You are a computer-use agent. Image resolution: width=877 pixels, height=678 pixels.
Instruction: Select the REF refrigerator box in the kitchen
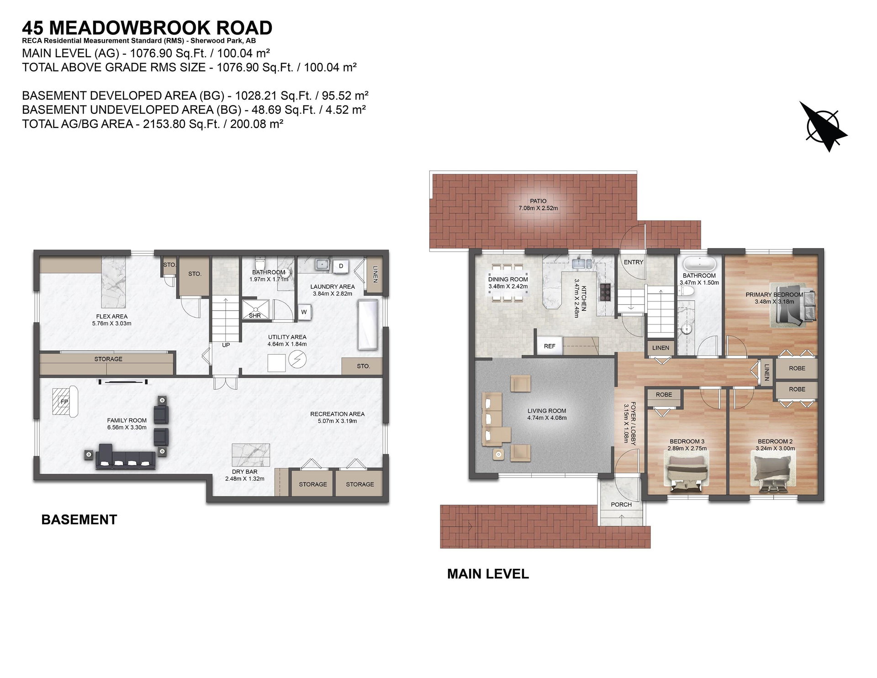tap(549, 346)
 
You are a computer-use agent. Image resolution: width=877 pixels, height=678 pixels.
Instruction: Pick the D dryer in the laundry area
tap(341, 266)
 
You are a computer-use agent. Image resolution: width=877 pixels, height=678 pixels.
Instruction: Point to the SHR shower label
tap(255, 316)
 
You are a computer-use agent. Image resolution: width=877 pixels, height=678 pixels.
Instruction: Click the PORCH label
tap(621, 504)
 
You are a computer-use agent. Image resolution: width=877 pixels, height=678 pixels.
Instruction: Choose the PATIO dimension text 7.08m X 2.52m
tap(538, 208)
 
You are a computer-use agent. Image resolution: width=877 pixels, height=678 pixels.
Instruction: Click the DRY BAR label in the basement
tap(245, 471)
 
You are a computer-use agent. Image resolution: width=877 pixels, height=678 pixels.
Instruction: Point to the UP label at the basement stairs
tap(226, 345)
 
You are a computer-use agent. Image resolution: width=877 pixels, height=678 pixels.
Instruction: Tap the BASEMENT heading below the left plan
tap(79, 520)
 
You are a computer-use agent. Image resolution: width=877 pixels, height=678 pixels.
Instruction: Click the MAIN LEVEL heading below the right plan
tap(488, 574)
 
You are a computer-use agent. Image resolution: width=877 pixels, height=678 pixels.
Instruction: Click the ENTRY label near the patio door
tap(634, 262)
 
